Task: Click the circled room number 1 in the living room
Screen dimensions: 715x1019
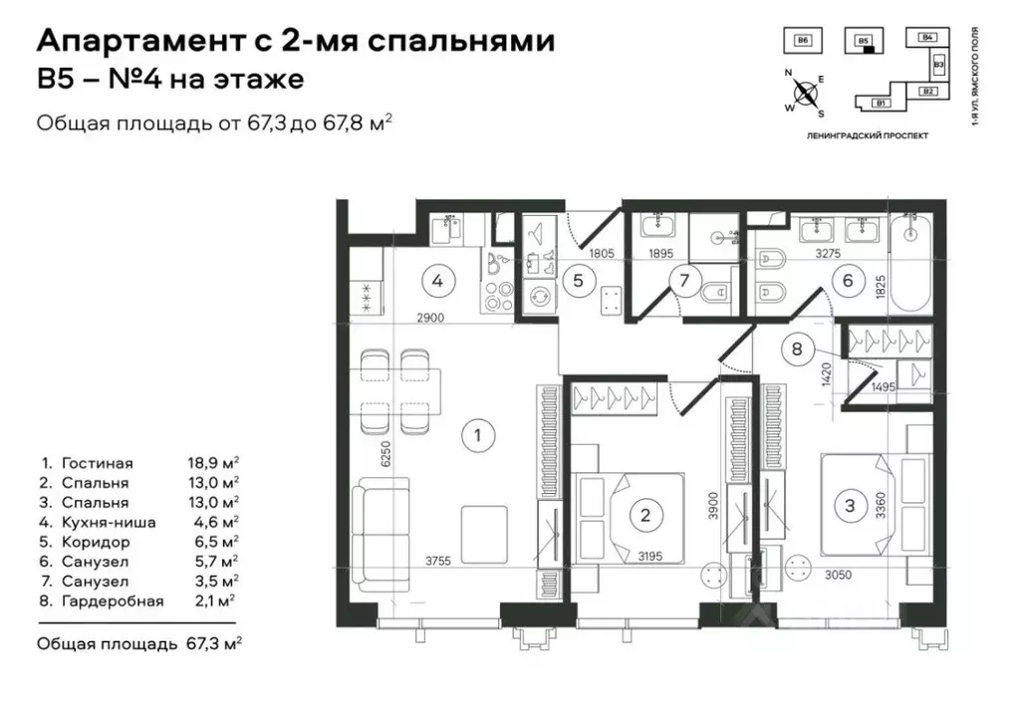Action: pos(478,434)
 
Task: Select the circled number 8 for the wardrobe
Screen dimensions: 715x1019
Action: pos(797,349)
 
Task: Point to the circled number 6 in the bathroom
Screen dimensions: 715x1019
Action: pos(848,281)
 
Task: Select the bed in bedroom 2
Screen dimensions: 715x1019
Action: pos(628,515)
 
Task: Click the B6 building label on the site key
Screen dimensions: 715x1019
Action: pos(803,40)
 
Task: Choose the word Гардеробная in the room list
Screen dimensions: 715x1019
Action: pos(111,600)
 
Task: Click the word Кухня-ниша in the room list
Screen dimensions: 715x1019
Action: pos(105,523)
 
